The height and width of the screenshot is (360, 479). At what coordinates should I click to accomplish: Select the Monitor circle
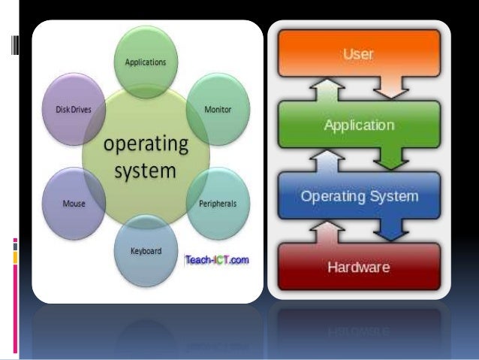coord(217,109)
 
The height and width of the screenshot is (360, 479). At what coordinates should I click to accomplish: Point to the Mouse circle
coord(74,203)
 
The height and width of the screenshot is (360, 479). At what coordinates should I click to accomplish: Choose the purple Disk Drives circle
coord(74,110)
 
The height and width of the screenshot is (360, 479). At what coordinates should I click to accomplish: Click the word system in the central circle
coord(145,172)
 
